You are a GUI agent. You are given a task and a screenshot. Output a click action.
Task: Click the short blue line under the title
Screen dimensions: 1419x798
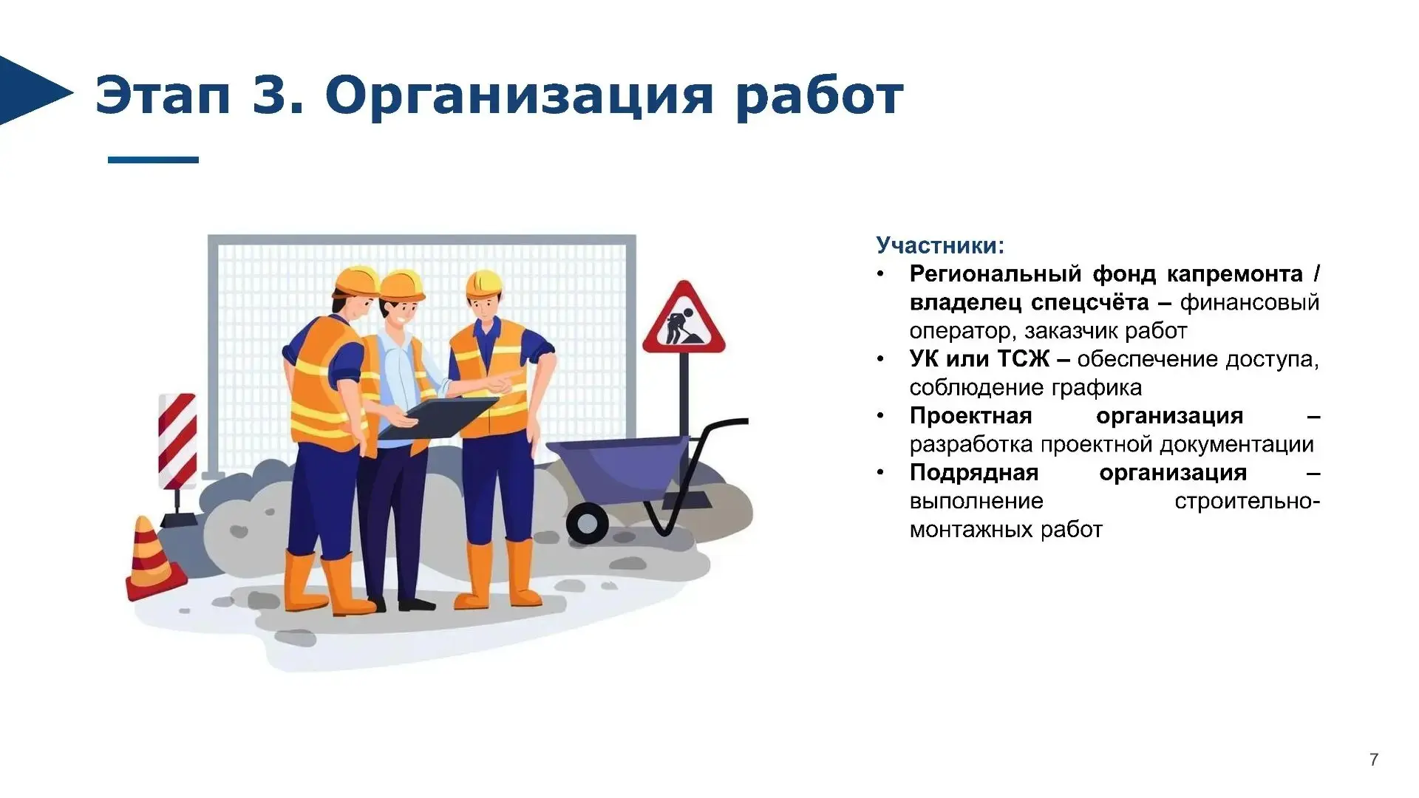click(x=153, y=160)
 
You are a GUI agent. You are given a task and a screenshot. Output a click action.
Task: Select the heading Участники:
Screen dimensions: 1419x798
click(x=940, y=245)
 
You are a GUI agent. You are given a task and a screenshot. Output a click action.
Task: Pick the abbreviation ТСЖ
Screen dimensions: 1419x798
click(x=1024, y=359)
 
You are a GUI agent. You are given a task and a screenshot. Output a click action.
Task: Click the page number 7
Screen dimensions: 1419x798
click(x=1374, y=760)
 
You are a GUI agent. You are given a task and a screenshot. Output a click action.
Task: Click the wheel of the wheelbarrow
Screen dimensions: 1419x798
click(x=588, y=523)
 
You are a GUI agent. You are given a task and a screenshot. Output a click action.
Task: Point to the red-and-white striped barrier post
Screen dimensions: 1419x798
click(x=177, y=441)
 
